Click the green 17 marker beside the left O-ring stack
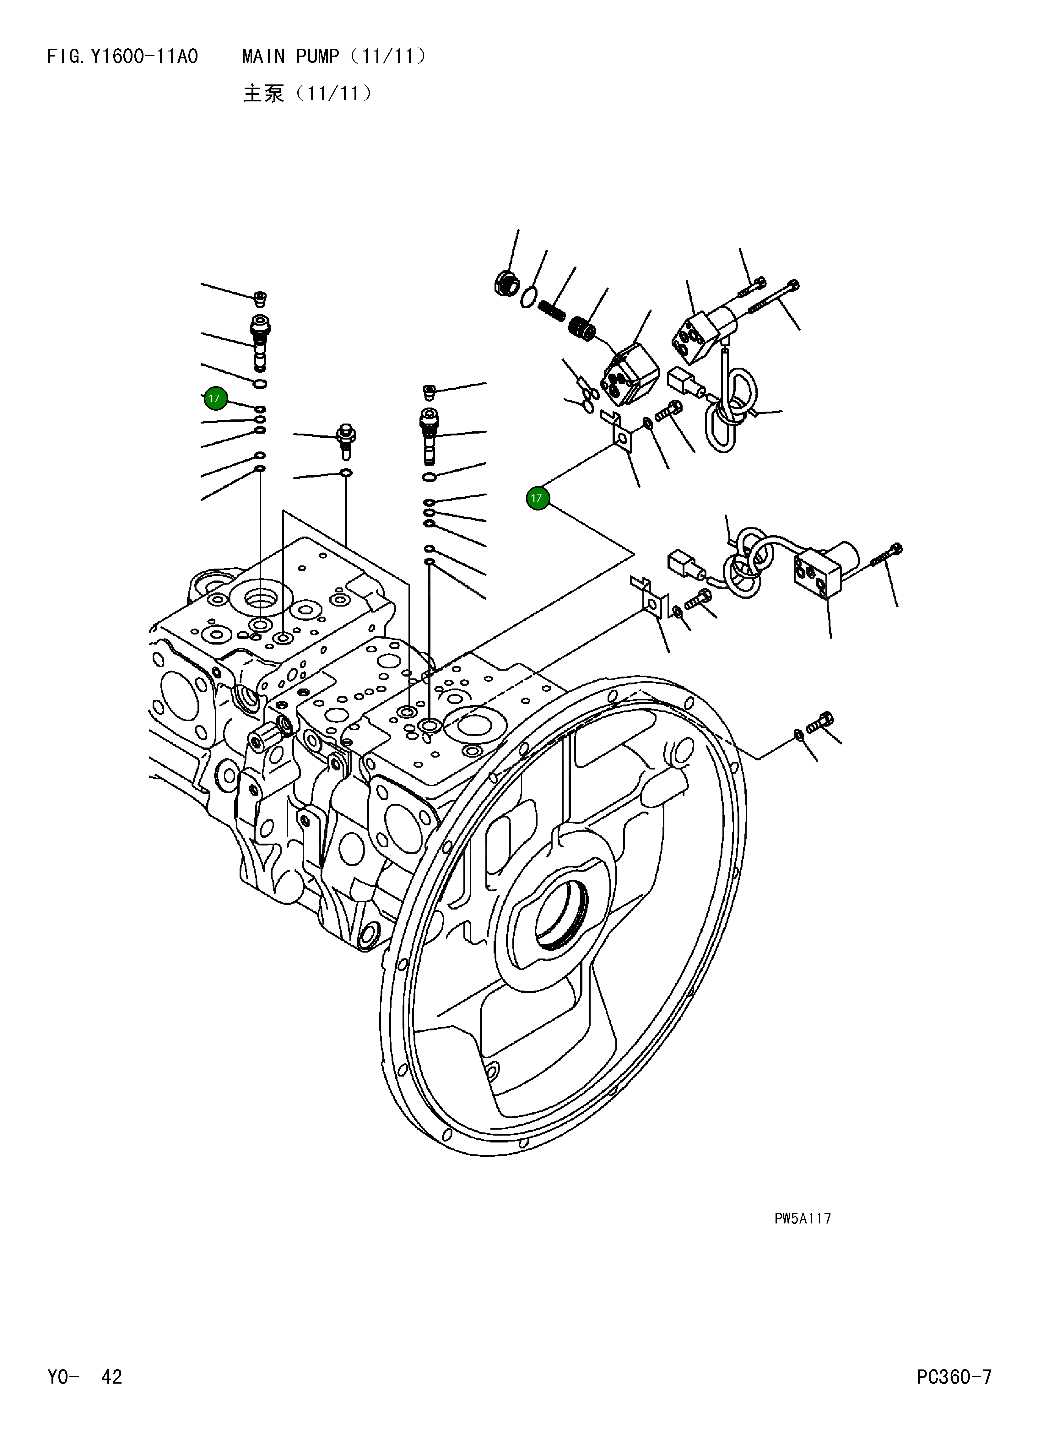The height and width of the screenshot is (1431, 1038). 215,398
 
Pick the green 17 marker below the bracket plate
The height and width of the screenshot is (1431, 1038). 538,499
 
